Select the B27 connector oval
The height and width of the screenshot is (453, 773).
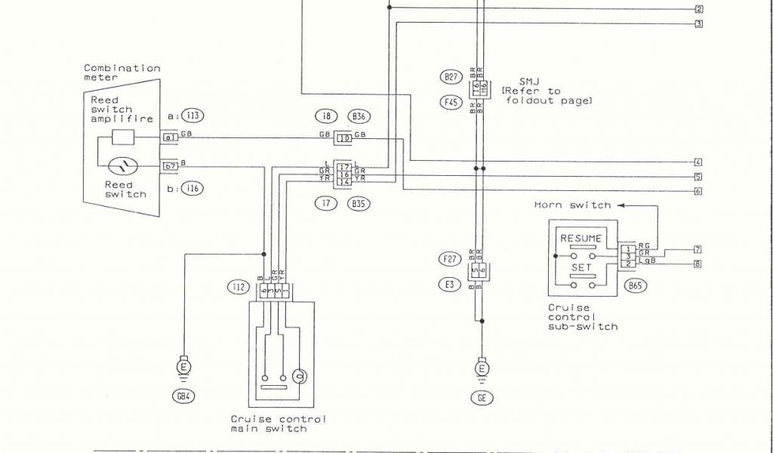click(x=451, y=76)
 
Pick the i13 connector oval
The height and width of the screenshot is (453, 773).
click(x=192, y=116)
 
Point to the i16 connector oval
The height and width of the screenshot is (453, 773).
click(x=192, y=189)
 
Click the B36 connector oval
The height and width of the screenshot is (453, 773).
click(x=358, y=116)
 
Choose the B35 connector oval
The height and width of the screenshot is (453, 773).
click(x=358, y=203)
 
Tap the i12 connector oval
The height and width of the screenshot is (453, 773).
click(x=238, y=287)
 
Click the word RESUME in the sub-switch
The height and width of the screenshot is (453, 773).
click(x=581, y=239)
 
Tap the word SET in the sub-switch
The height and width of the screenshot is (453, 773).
click(x=581, y=267)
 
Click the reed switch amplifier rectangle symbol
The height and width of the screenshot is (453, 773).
click(x=123, y=137)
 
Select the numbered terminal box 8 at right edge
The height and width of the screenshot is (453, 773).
click(x=698, y=264)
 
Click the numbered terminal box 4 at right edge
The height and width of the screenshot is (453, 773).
click(x=698, y=162)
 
